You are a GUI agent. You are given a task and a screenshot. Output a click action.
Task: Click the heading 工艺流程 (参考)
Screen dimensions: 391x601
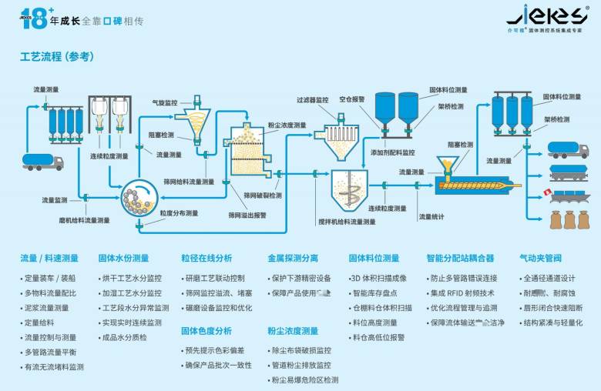pos(56,56)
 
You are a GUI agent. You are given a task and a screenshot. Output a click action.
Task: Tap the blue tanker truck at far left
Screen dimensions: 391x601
pos(43,161)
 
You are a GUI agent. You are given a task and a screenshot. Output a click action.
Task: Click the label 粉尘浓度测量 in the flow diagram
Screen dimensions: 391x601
pos(287,125)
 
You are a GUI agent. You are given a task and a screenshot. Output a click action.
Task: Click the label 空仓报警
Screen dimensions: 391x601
pos(351,99)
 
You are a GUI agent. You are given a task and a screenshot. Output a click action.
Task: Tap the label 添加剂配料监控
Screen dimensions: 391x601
pos(392,152)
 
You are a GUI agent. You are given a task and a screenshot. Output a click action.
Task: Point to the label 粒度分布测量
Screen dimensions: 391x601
pos(179,213)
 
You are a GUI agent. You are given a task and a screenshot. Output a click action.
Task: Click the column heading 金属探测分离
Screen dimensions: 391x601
pos(292,259)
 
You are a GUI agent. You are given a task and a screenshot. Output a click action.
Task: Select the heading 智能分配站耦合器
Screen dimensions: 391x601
pos(460,259)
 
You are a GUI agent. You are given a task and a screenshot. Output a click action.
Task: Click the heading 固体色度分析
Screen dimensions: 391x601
pos(206,331)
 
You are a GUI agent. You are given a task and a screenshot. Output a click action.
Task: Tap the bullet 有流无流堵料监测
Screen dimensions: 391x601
pos(53,367)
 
